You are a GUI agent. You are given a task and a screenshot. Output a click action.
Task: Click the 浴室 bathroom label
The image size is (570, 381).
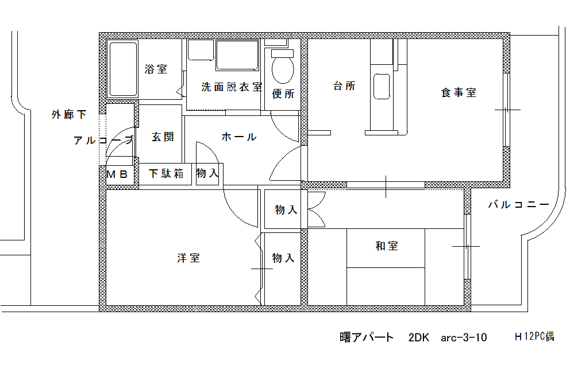coord(156,69)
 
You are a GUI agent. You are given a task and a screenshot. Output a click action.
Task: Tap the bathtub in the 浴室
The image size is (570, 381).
coord(123,69)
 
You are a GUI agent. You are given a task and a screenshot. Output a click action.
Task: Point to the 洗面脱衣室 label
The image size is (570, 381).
coord(232,87)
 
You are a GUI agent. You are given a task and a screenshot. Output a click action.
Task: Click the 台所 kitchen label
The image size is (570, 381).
coord(344,86)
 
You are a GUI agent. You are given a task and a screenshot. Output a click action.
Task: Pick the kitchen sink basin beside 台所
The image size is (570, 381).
coord(382,87)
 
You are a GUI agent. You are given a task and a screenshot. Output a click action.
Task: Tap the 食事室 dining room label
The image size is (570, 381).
coord(459,92)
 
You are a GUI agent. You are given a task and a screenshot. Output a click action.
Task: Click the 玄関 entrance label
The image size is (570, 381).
coord(163,137)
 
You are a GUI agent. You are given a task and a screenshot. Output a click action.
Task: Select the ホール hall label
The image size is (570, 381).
coord(239,137)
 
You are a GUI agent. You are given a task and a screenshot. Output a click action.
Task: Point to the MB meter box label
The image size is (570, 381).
coord(117,174)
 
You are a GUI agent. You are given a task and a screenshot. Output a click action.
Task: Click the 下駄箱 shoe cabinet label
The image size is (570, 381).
coord(166,173)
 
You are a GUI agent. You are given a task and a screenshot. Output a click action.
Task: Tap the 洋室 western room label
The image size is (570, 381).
coord(188,258)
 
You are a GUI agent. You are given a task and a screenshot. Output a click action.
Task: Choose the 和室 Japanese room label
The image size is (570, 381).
coord(387,246)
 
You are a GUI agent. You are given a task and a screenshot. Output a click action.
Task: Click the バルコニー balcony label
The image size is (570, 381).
coord(518,205)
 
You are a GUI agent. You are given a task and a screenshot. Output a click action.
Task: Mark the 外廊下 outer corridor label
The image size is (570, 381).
coord(69,115)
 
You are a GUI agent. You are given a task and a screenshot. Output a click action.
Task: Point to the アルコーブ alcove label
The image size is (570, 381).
coord(104,140)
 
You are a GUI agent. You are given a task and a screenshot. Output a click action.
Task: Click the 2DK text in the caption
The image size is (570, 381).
coord(418,337)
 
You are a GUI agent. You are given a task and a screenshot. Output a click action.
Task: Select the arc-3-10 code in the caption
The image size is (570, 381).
coord(464,338)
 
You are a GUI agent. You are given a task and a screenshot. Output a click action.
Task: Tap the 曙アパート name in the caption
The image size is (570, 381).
coord(367,337)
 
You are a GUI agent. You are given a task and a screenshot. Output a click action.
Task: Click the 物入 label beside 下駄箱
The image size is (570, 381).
coord(207,173)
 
